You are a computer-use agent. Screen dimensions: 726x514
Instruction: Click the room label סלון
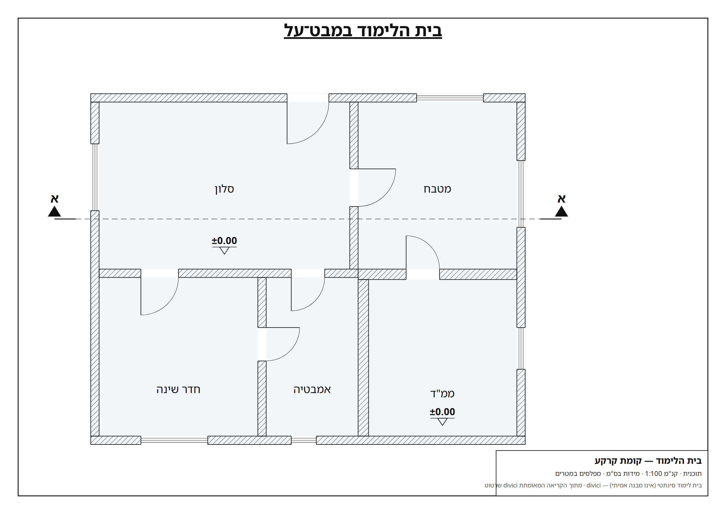tap(224, 189)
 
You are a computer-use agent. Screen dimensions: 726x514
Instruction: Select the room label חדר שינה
tap(178, 389)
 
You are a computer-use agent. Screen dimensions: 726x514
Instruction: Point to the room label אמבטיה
tap(312, 389)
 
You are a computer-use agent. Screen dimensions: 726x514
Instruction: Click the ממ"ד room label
tap(442, 393)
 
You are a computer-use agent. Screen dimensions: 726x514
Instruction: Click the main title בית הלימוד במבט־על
tap(362, 31)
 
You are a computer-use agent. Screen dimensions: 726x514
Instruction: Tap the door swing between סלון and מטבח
tap(377, 187)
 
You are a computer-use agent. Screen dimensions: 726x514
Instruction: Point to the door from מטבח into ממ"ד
tap(422, 252)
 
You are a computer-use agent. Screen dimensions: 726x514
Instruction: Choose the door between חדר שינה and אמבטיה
tap(283, 344)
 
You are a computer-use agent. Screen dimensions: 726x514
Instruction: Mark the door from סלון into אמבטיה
tap(308, 294)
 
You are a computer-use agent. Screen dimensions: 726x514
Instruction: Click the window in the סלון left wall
tap(95, 177)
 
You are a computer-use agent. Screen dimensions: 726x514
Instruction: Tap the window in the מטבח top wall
tap(450, 98)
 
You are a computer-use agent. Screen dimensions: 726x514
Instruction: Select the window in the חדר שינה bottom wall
tap(174, 440)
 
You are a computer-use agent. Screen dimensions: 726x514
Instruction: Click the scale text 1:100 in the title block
tap(653, 474)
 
